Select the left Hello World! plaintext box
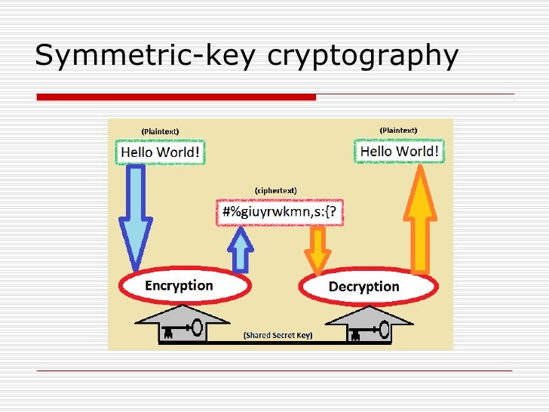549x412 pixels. (160, 152)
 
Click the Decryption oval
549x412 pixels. (368, 287)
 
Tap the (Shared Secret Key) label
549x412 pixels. (277, 334)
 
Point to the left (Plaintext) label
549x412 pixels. (160, 131)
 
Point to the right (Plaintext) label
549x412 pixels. (398, 130)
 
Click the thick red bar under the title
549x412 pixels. (176, 97)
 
